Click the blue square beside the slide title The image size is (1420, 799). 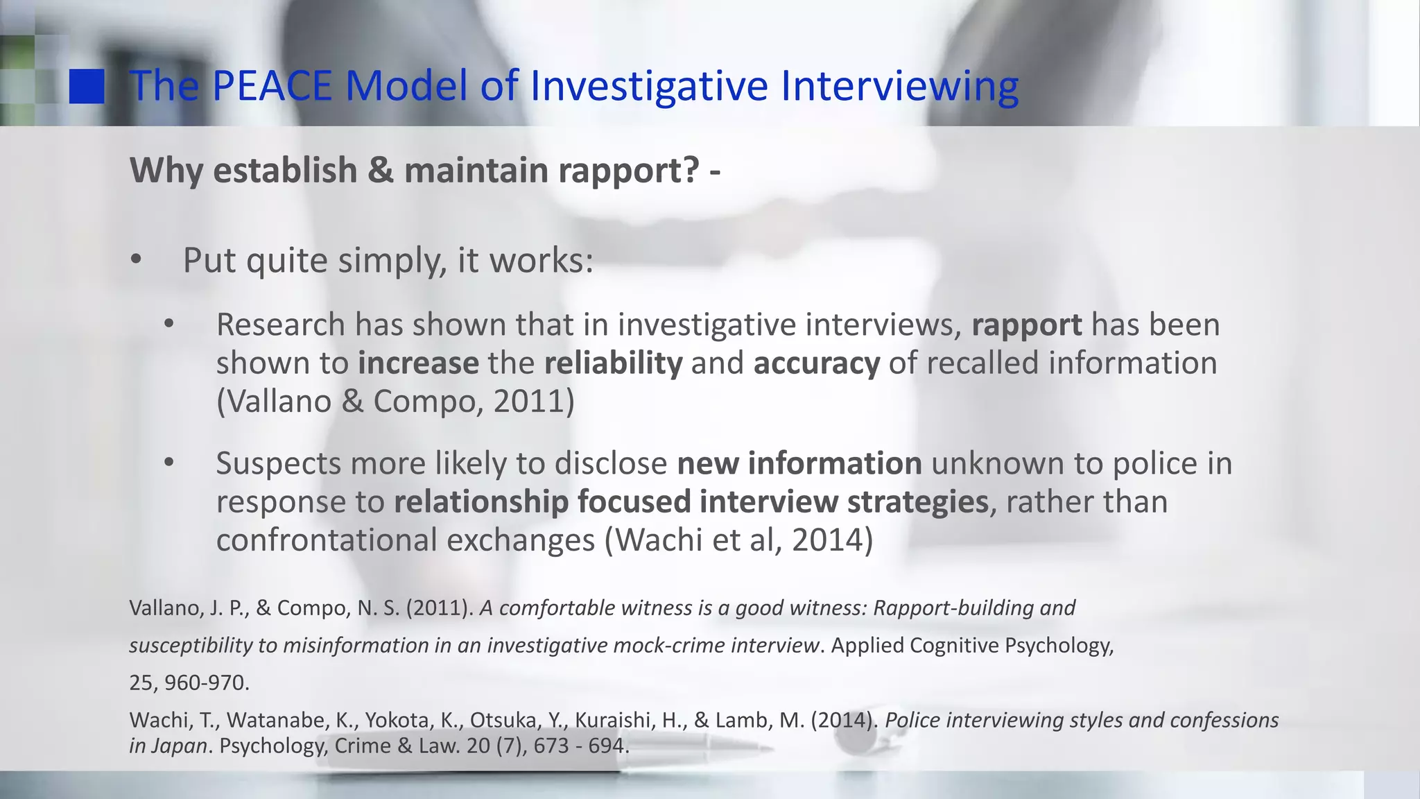[87, 86]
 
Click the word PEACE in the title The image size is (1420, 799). [272, 86]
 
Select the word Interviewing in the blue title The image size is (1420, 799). [899, 86]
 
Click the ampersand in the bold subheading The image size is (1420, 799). [380, 171]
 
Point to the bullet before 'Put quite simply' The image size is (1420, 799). [135, 261]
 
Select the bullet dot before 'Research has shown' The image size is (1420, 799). [168, 325]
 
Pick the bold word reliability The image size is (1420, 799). [613, 363]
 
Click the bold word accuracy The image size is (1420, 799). [816, 363]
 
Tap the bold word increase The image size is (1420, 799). [418, 363]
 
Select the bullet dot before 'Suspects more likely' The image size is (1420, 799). [168, 463]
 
